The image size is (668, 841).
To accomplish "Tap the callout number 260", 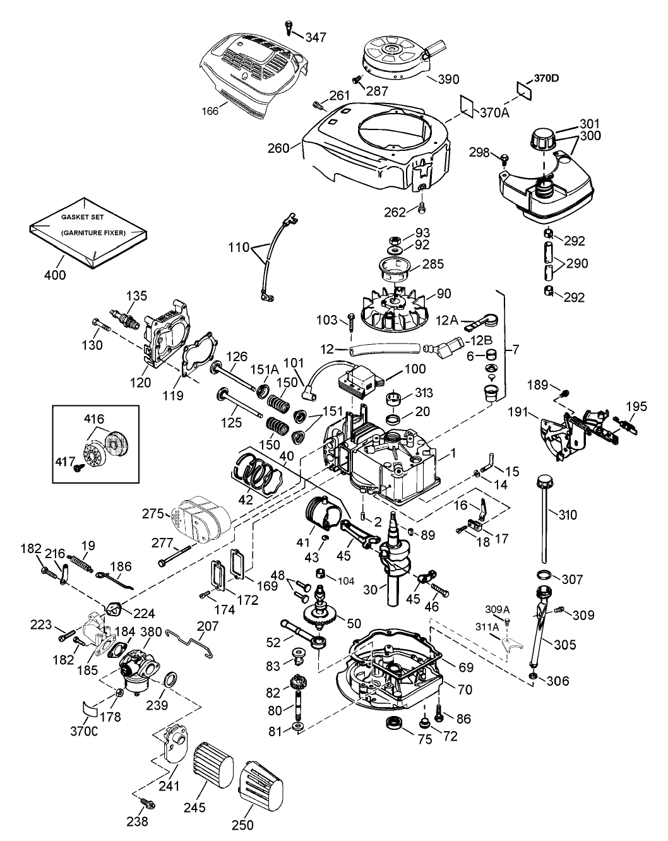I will tap(279, 149).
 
